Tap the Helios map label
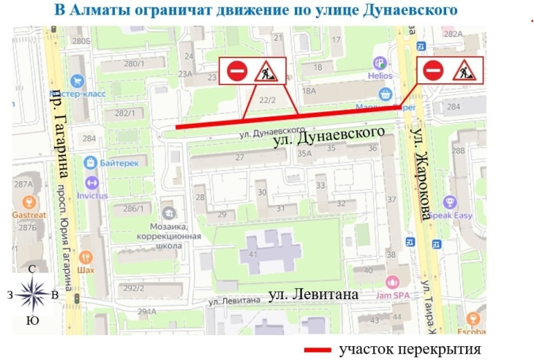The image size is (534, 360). click(x=380, y=75)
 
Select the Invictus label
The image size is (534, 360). click(x=91, y=195)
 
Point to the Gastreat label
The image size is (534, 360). click(x=29, y=215)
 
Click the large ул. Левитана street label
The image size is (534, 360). click(x=313, y=295)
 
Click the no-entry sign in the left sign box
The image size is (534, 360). click(x=236, y=71)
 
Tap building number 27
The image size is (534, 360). click(x=238, y=157)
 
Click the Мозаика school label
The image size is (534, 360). click(x=170, y=228)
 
